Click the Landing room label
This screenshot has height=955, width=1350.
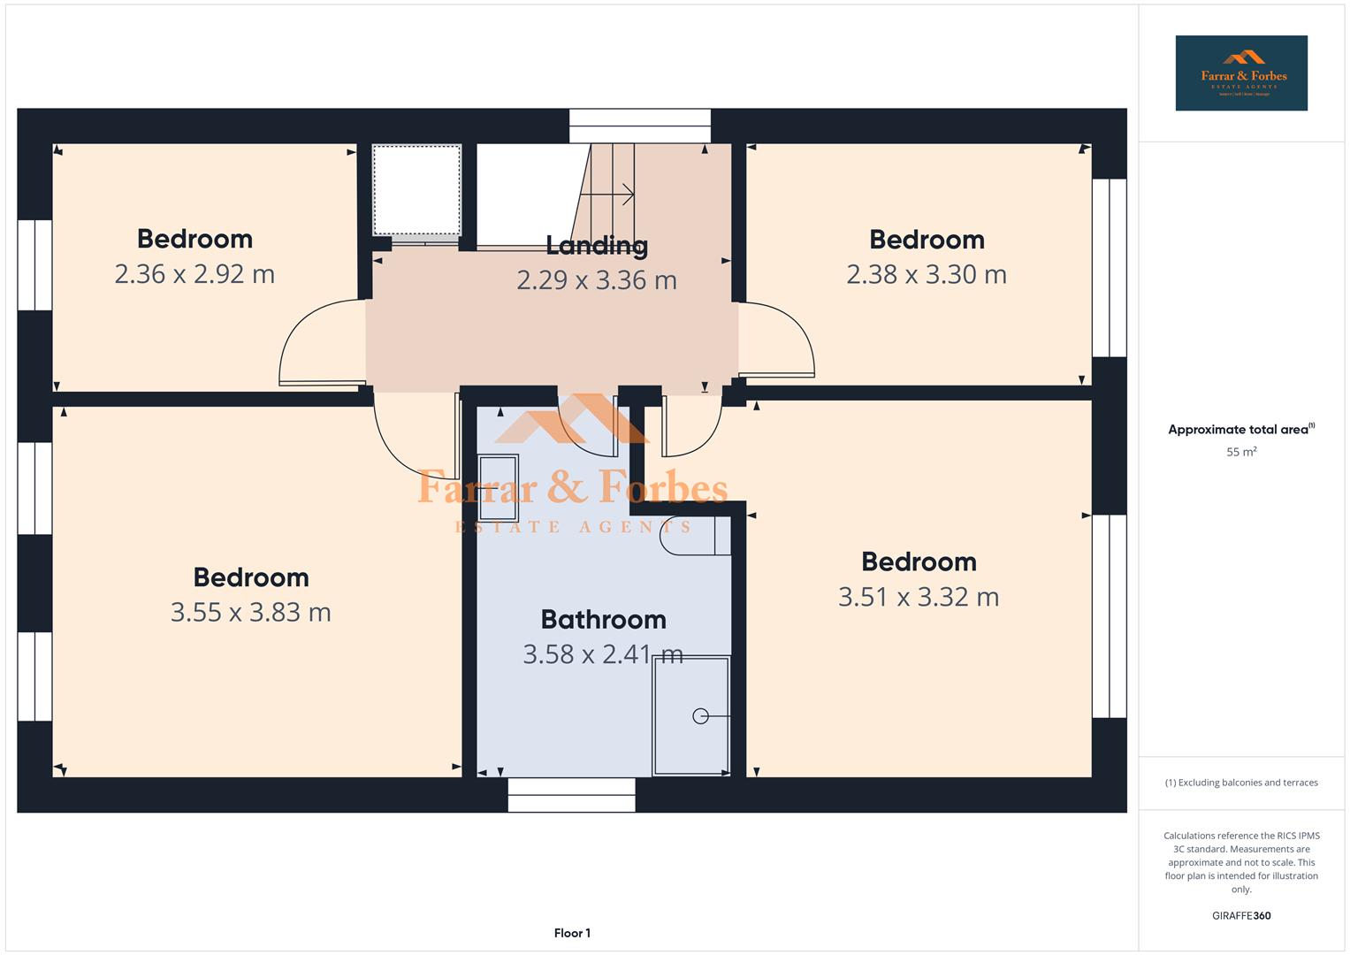(x=597, y=245)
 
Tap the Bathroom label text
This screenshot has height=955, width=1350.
(x=603, y=619)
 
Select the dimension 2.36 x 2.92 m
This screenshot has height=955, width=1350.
(x=194, y=274)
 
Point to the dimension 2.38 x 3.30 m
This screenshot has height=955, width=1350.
(x=927, y=275)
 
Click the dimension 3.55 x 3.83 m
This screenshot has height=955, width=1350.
(x=250, y=612)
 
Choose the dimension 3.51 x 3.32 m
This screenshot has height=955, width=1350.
(x=919, y=597)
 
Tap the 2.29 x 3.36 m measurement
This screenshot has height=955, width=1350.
(x=597, y=280)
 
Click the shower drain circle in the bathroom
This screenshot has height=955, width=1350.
(x=700, y=716)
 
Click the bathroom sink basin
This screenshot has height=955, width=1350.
(x=498, y=488)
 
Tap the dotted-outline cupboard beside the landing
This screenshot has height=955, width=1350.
(x=416, y=190)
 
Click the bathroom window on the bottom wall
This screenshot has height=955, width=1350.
(x=571, y=794)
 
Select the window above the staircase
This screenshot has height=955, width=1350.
(x=639, y=126)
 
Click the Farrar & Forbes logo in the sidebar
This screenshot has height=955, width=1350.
(x=1240, y=73)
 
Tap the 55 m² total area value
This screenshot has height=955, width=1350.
(x=1240, y=452)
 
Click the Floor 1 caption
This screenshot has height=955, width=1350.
(x=572, y=933)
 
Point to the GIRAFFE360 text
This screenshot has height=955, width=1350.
(x=1240, y=915)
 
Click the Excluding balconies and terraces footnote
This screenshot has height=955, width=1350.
(x=1240, y=783)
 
